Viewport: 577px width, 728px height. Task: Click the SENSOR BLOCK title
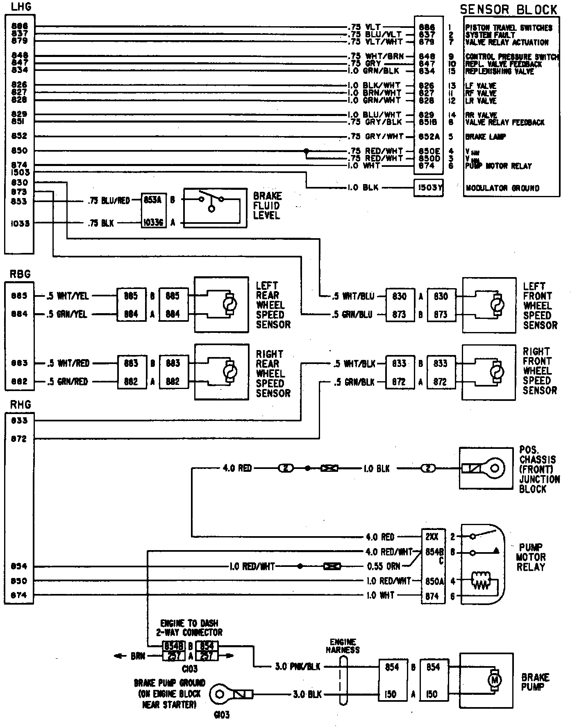509,9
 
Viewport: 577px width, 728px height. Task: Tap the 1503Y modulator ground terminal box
429,188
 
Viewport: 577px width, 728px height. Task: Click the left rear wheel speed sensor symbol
228,305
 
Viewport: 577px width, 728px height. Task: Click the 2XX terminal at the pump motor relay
432,537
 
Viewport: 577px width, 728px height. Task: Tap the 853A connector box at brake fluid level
153,200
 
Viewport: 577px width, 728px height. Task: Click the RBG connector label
20,274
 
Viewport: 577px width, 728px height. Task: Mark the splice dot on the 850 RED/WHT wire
306,151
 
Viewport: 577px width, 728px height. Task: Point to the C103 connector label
189,669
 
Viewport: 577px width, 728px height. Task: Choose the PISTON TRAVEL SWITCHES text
509,28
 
